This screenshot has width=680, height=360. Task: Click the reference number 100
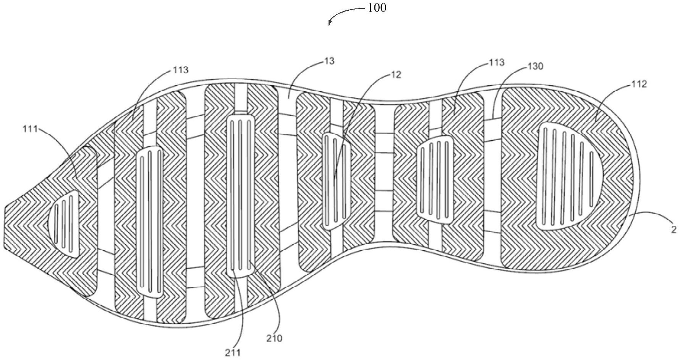coord(377,8)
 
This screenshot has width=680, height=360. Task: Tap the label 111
coord(30,129)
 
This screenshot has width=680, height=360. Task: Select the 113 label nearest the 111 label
coord(180,70)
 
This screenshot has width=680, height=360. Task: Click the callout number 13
coord(329,61)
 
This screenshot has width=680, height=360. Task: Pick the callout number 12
coord(396,75)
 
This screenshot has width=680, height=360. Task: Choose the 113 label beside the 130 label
coord(496,62)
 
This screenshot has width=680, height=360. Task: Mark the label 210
coord(274,338)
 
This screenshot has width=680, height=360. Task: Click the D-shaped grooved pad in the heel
coord(565,176)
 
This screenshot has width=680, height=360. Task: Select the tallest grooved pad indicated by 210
coord(240,195)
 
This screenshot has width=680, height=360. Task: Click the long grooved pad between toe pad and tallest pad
coord(149,222)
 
